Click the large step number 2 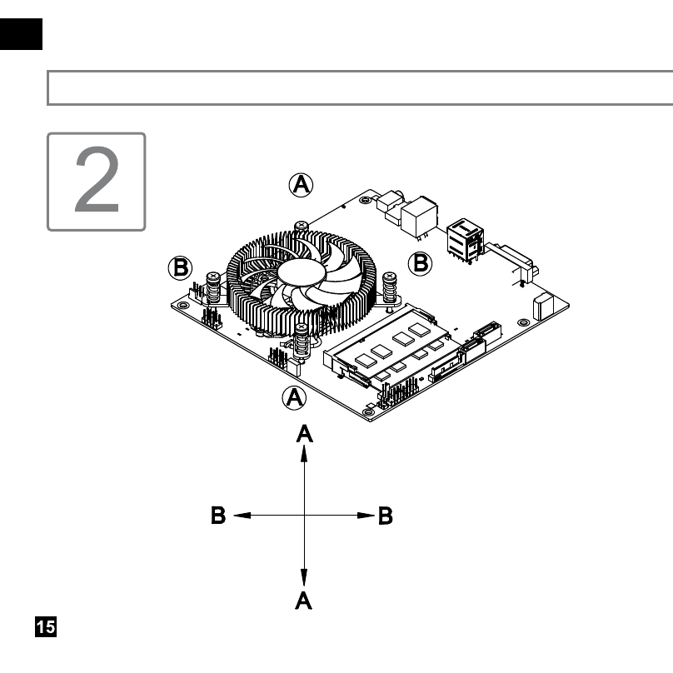(97, 179)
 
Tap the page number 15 (46, 626)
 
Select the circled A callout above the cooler (301, 185)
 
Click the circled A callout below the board (295, 397)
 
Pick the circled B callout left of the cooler (180, 268)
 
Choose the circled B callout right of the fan (420, 263)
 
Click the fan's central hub (300, 272)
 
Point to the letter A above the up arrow (304, 433)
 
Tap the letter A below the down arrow (303, 600)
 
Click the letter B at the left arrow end (218, 515)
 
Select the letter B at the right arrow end (386, 516)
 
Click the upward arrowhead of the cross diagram (304, 453)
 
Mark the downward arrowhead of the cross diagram (304, 577)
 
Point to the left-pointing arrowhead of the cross (242, 515)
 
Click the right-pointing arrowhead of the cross (366, 515)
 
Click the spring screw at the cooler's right (389, 288)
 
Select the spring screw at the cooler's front (302, 341)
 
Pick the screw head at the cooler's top (302, 226)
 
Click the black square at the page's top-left (21, 34)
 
